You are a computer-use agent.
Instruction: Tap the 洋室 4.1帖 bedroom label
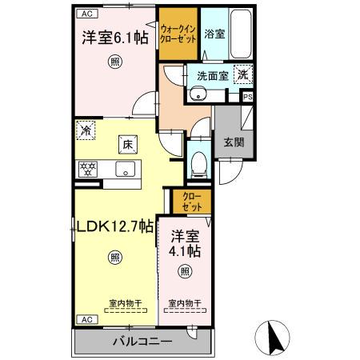tap(186, 243)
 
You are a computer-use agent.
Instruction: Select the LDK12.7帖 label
tap(115, 226)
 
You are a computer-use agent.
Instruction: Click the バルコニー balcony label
tap(142, 342)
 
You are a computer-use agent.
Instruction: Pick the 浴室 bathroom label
tap(214, 35)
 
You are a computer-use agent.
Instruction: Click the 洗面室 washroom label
tap(212, 75)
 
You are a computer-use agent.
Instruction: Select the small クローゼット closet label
tap(191, 201)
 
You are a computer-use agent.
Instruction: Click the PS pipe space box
tap(248, 97)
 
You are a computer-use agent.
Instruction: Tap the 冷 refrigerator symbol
tap(86, 128)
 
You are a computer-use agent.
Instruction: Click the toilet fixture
tap(198, 166)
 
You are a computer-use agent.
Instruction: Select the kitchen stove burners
tap(87, 169)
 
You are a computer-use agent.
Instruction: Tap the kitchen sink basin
tap(126, 169)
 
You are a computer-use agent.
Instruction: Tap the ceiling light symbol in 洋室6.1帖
tap(115, 62)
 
